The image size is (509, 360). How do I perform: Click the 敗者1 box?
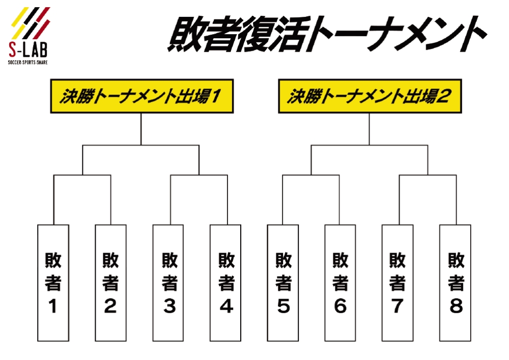53,283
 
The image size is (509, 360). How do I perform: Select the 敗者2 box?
110,283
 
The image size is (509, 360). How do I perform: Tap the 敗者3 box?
168,283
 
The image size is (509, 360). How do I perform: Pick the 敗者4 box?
225,283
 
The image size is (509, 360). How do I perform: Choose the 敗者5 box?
283,283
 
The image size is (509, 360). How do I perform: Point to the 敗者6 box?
340,283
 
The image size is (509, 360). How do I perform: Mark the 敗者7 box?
398,283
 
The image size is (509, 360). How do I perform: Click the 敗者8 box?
455,283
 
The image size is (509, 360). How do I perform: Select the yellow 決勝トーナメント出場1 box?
141,96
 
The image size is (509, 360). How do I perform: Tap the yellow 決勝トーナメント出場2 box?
370,96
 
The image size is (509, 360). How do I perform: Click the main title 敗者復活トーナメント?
326,35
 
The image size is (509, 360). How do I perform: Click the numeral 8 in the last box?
456,307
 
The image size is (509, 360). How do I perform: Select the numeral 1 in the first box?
52,307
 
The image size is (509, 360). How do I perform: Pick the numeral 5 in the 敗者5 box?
284,307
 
